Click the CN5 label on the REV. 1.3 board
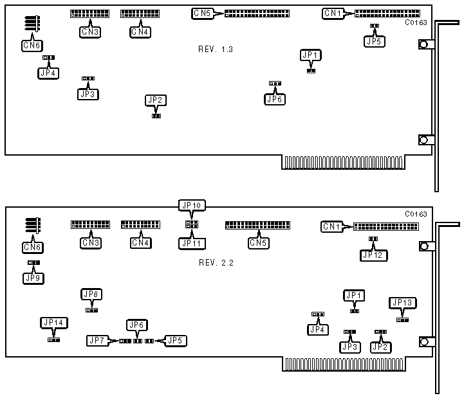click(201, 13)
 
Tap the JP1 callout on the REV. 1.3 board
click(310, 56)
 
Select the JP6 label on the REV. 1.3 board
click(275, 99)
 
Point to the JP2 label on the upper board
click(156, 100)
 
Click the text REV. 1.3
click(216, 50)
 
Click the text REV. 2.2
click(216, 262)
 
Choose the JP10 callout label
click(191, 206)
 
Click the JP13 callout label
click(402, 303)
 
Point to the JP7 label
click(97, 339)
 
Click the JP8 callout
click(91, 294)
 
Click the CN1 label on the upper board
click(333, 13)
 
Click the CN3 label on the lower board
click(90, 243)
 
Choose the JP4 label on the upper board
click(48, 73)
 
